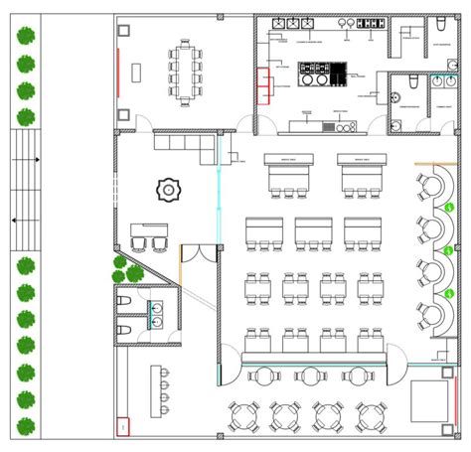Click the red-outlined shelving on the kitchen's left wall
point(263,84)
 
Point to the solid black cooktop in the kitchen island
point(337,72)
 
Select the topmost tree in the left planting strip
point(27,37)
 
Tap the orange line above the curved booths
point(429,165)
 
